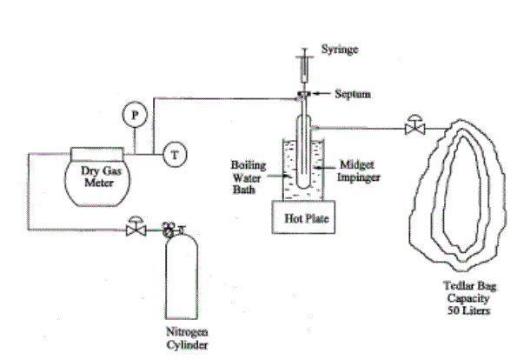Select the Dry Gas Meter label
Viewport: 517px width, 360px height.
coord(101,177)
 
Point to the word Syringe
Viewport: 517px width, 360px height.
coord(340,50)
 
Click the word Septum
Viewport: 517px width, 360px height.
coord(353,94)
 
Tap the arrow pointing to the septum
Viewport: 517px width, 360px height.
coord(321,94)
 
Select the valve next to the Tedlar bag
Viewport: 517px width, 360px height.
coord(415,125)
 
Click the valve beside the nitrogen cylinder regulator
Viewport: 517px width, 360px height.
coord(136,226)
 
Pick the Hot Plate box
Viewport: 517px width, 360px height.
coord(303,217)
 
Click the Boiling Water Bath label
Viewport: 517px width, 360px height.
coord(248,177)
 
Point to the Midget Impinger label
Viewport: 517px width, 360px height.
coord(358,171)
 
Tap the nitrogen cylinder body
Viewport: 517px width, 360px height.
coord(182,277)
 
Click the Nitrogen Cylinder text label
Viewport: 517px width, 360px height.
coord(187,338)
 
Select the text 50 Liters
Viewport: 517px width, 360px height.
coord(468,310)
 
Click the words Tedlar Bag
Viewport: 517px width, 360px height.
coord(469,286)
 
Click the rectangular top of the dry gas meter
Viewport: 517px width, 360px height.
coord(97,154)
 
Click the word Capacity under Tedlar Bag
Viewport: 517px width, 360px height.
coord(467,298)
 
